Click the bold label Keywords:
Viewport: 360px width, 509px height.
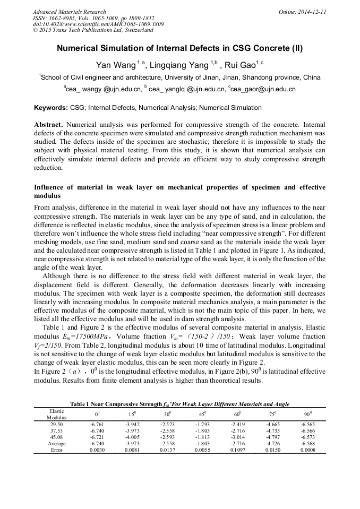pos(51,108)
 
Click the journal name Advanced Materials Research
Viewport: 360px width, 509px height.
pos(69,12)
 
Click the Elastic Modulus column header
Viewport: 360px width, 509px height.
pos(56,413)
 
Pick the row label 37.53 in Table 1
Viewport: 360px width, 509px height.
pos(56,431)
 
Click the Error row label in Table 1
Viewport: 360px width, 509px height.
pos(56,450)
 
